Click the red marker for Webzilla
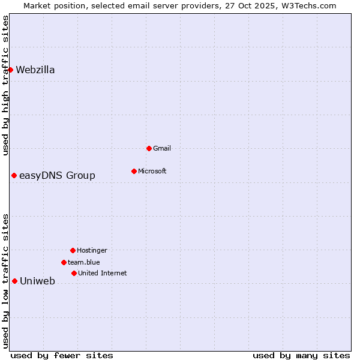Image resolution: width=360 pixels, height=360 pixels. coord(10,70)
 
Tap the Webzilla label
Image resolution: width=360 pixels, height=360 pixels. coord(35,70)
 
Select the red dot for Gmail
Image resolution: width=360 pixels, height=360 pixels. coord(149,148)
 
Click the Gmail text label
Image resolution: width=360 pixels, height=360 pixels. coord(162,148)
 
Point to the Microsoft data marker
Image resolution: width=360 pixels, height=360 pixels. coord(134,171)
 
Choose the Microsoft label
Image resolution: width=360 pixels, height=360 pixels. coord(152,171)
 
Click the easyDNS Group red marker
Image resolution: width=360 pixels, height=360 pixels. coord(14,175)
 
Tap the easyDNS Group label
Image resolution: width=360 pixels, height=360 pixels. coord(57,176)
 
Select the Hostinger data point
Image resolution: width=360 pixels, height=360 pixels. coord(73,250)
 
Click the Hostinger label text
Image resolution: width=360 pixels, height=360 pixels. coord(92,250)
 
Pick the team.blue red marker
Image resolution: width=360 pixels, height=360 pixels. coord(64,262)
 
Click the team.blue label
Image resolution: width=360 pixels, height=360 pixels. coord(84,262)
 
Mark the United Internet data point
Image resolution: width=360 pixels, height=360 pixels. coord(74,273)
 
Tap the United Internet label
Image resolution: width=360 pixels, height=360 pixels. coord(102,273)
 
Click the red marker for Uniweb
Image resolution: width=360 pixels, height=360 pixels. coord(14,281)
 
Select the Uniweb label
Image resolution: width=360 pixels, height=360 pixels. coord(37,281)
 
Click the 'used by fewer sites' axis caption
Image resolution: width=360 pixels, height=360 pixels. coord(62,355)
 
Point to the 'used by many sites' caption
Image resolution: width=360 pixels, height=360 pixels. coord(301,355)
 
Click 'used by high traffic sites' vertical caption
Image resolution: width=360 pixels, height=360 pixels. coord(5,85)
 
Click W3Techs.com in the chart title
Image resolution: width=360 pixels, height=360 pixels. coord(307,5)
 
